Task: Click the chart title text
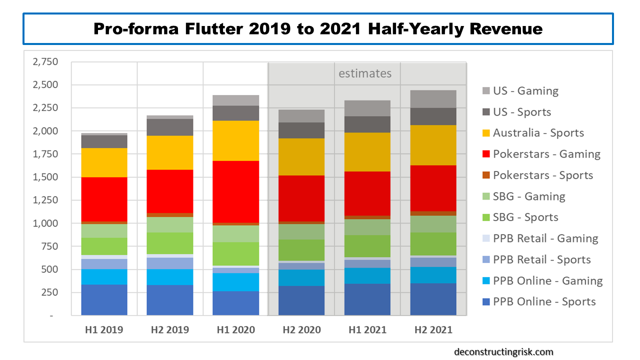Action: (318, 29)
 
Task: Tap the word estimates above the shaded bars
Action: (365, 73)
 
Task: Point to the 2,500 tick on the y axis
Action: (45, 85)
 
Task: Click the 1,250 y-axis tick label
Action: (45, 200)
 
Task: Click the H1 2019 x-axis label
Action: (104, 330)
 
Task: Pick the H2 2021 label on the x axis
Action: (433, 330)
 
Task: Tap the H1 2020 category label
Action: (235, 330)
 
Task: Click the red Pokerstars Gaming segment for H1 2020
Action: (235, 191)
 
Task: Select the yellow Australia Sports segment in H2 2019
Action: (170, 152)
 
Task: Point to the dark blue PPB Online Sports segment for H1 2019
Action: (104, 299)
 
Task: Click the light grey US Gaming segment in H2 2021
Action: (433, 99)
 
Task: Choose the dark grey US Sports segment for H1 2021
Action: (367, 124)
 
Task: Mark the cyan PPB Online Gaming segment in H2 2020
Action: (301, 277)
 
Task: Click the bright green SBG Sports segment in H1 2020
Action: (235, 253)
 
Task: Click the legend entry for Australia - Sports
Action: (538, 133)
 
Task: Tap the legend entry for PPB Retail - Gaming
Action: (545, 238)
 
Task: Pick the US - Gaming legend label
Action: (525, 91)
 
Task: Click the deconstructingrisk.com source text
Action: (503, 352)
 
